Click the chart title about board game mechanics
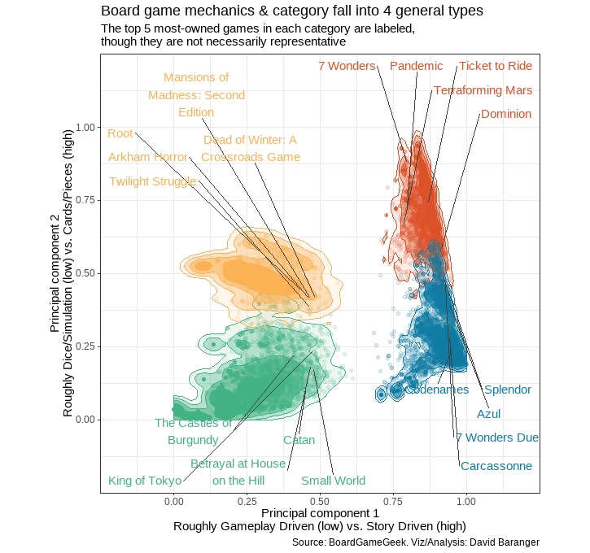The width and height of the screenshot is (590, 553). pos(292,11)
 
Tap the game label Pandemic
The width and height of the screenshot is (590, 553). pos(417,66)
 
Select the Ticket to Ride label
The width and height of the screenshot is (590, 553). pos(496,66)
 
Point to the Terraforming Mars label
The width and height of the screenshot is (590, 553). pos(483,90)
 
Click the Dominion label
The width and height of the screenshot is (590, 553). pos(506,115)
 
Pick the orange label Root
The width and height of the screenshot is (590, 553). pos(120,133)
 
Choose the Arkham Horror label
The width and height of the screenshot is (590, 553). pos(148,157)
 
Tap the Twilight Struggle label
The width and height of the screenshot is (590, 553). pos(152,181)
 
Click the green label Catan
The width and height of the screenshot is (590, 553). pos(299,440)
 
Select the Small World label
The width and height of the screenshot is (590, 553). pos(333,481)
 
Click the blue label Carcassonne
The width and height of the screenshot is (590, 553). pos(496,466)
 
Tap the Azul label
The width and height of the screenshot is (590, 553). pos(489,414)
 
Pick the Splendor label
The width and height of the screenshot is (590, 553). pos(508,390)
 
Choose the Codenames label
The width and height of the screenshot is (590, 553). pos(437,390)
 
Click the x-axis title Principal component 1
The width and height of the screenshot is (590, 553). pos(320,514)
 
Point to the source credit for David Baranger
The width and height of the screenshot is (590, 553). pos(415,542)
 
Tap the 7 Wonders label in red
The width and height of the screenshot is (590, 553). pos(347,66)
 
